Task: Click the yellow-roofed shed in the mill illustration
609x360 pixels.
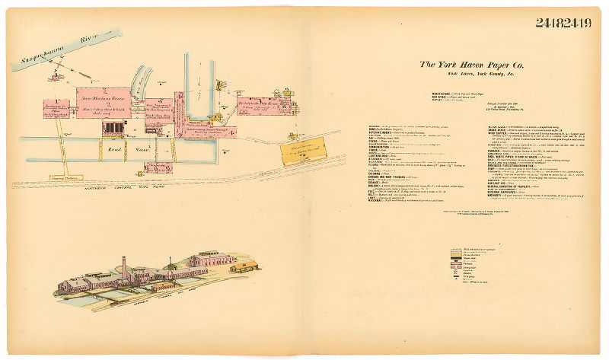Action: (244, 266)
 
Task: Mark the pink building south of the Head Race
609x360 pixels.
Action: (158, 167)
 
